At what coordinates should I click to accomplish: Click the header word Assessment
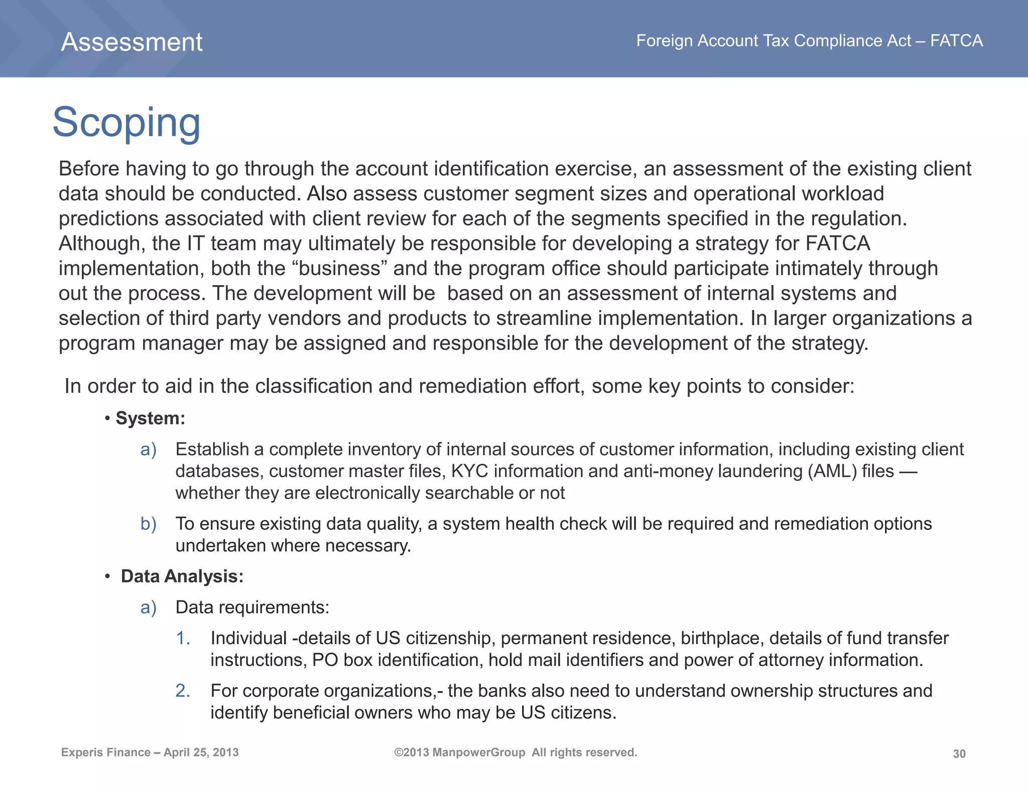(132, 42)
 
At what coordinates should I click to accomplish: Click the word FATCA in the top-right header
(956, 41)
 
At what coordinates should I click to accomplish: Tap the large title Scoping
(126, 122)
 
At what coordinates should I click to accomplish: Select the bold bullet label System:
(150, 418)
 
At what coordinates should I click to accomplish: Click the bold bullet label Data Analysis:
(182, 576)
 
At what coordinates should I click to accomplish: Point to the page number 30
(959, 754)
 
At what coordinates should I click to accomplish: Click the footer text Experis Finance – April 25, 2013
(150, 752)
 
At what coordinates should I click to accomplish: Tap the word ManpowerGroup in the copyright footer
(478, 752)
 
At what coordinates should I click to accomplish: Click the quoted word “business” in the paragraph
(339, 269)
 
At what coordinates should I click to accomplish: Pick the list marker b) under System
(148, 524)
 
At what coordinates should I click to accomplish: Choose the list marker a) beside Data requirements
(148, 608)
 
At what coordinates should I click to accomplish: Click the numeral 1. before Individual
(183, 638)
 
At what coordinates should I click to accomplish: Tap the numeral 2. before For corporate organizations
(183, 691)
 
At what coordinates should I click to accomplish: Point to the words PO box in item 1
(342, 660)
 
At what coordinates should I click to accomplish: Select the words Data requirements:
(252, 608)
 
